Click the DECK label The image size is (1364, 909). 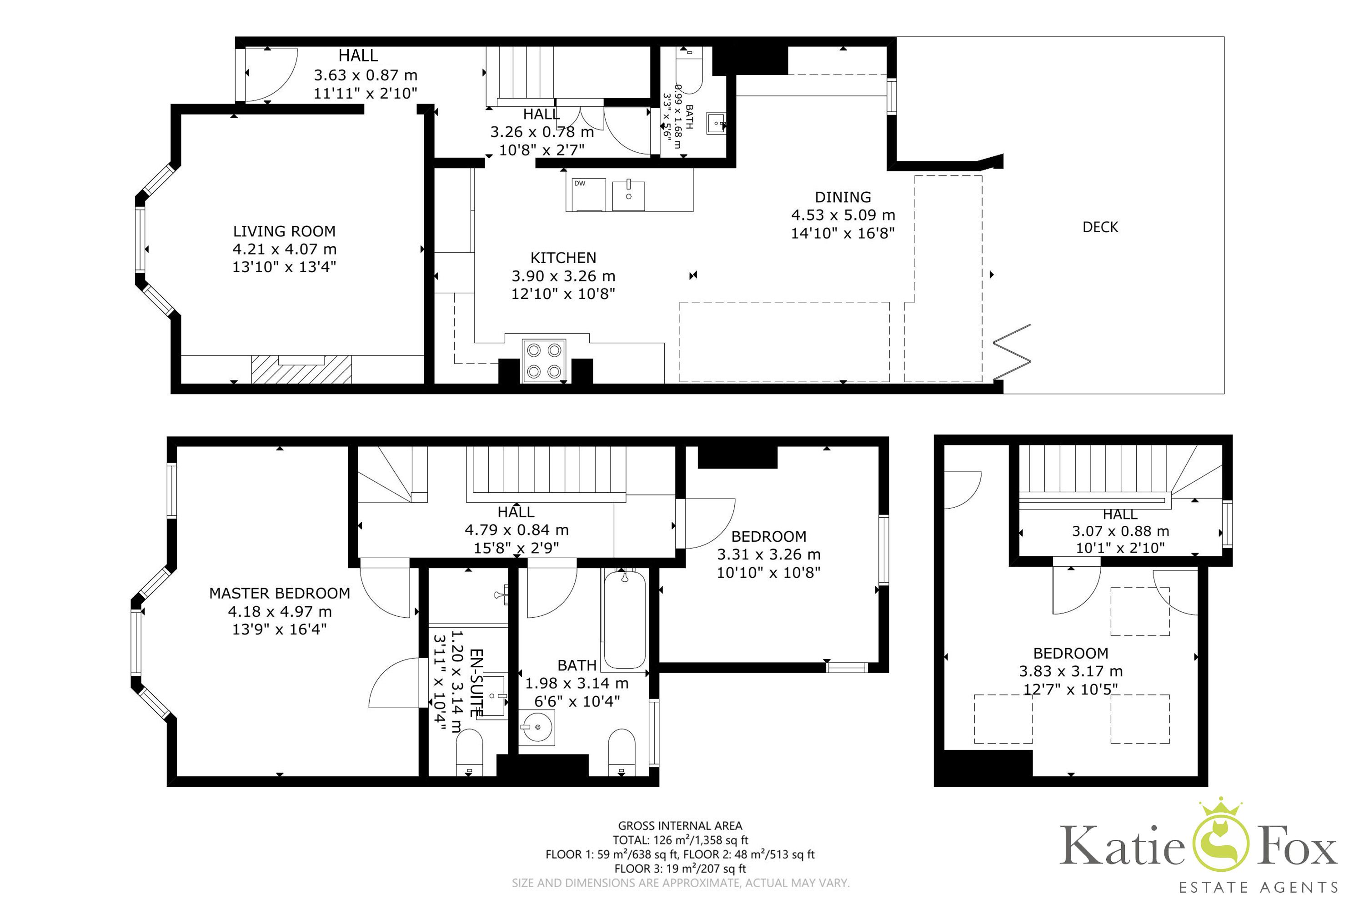[x=1100, y=227]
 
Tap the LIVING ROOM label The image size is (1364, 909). [x=284, y=231]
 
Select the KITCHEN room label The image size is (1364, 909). [x=563, y=258]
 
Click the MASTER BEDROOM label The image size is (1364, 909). [x=280, y=593]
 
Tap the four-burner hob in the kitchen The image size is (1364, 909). [x=544, y=360]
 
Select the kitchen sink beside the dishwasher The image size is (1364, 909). [x=629, y=195]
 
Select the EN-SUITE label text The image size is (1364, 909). [x=476, y=683]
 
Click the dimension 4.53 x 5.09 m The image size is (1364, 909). [x=843, y=215]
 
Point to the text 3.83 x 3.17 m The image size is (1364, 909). [x=1071, y=671]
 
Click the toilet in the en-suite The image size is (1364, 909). [x=469, y=753]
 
